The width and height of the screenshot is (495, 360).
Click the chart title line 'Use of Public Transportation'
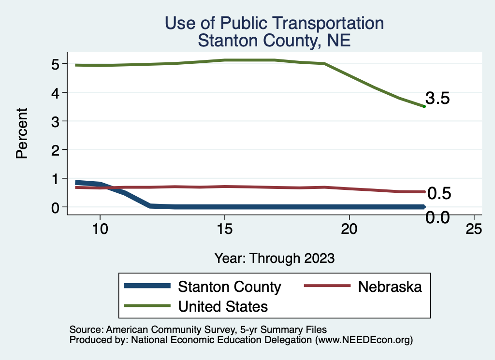click(x=274, y=23)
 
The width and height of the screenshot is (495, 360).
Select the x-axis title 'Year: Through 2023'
click(x=274, y=258)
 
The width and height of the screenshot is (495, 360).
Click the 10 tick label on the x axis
click(x=100, y=230)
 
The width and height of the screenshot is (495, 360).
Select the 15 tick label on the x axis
click(x=224, y=230)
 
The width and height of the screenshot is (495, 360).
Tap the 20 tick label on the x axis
click(x=349, y=230)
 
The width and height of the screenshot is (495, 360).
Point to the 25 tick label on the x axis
click(x=474, y=230)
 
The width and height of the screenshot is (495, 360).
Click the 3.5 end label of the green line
click(x=438, y=99)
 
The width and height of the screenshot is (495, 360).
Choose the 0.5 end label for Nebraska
click(x=439, y=194)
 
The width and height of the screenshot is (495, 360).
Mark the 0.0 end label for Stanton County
click(x=437, y=218)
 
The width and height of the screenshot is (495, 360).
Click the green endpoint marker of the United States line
click(x=424, y=106)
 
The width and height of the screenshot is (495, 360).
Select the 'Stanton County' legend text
click(x=230, y=287)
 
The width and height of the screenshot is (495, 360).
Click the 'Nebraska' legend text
click(x=390, y=287)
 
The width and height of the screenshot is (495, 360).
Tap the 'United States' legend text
click(x=223, y=306)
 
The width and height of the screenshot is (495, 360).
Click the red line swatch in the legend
click(x=327, y=287)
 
